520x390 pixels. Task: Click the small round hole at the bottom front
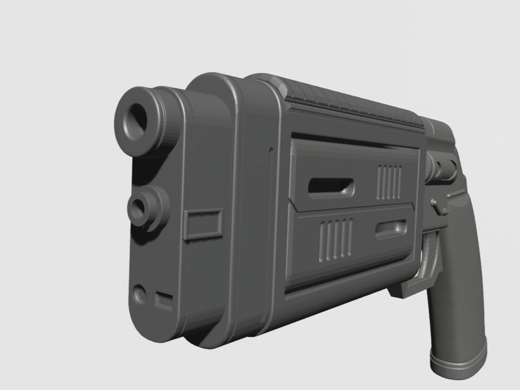139,293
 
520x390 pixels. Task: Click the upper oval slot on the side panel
331,185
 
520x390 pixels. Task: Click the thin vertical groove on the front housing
269,197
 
